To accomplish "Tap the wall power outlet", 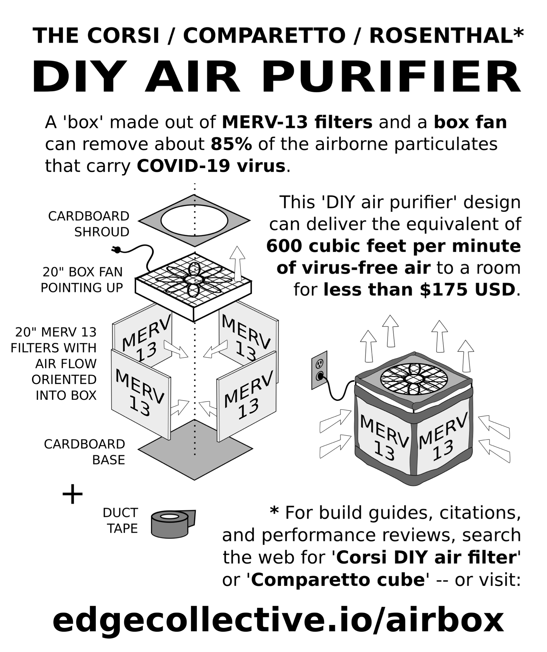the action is click(319, 370).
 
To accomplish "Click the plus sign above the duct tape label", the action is click(72, 494).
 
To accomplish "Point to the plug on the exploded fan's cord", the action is click(116, 249).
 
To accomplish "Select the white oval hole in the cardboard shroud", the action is click(194, 220).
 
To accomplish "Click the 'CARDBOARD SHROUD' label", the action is click(88, 224).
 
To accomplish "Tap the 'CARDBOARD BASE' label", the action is click(85, 452).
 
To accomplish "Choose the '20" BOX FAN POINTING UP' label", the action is click(82, 280).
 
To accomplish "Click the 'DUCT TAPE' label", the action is click(121, 520).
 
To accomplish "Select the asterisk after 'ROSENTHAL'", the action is click(518, 32).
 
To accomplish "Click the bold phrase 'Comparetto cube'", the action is click(338, 580).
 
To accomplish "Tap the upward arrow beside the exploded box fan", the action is click(237, 264).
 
